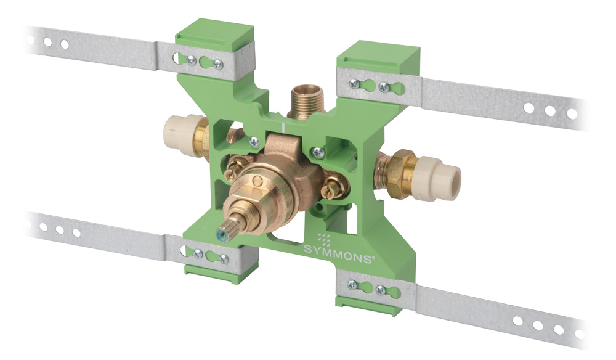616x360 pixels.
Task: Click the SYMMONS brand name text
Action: click(x=338, y=253)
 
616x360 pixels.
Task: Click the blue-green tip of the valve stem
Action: click(x=225, y=237)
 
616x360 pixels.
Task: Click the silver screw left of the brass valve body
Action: click(x=254, y=142)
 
